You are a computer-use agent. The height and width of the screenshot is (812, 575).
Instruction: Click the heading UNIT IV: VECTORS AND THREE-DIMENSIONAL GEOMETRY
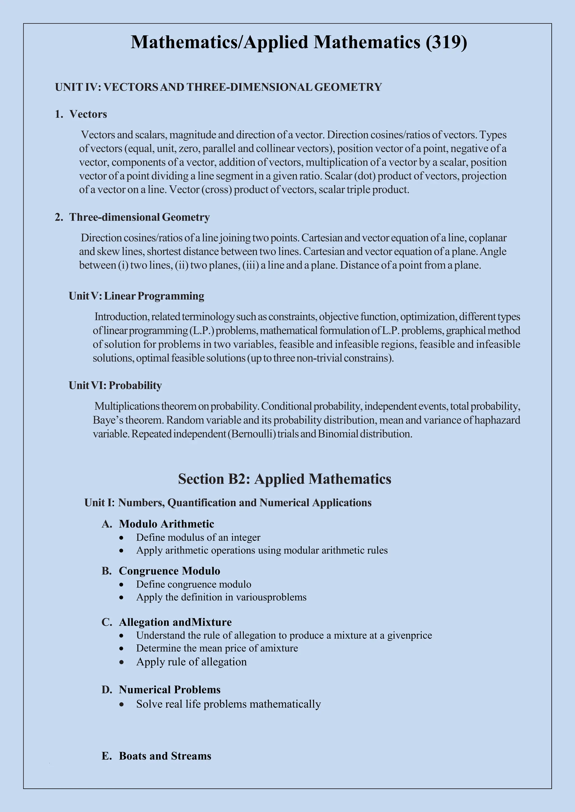(x=218, y=87)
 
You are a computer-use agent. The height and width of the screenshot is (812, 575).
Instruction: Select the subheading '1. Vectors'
(x=81, y=114)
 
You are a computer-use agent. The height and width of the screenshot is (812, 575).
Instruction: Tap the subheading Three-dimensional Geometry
(x=139, y=217)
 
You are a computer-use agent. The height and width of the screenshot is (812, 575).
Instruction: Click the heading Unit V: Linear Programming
(x=136, y=296)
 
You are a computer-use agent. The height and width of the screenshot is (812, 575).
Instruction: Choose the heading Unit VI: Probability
(x=115, y=386)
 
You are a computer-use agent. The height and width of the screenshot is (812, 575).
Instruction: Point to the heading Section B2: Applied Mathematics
(x=285, y=479)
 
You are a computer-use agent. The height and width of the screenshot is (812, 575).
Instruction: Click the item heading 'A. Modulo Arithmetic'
(x=158, y=524)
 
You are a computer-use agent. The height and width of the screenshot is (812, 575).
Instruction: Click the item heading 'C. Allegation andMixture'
(x=166, y=622)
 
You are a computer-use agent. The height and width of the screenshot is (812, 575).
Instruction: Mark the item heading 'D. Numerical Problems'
(x=161, y=690)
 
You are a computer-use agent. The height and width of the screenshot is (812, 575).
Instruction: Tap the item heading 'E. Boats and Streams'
(x=156, y=756)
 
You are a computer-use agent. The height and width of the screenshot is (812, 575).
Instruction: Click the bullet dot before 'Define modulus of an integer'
(x=122, y=538)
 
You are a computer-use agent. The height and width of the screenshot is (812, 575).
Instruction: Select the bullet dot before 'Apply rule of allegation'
(x=122, y=662)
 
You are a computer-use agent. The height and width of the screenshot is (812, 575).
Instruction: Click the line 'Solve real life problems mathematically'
(x=228, y=704)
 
